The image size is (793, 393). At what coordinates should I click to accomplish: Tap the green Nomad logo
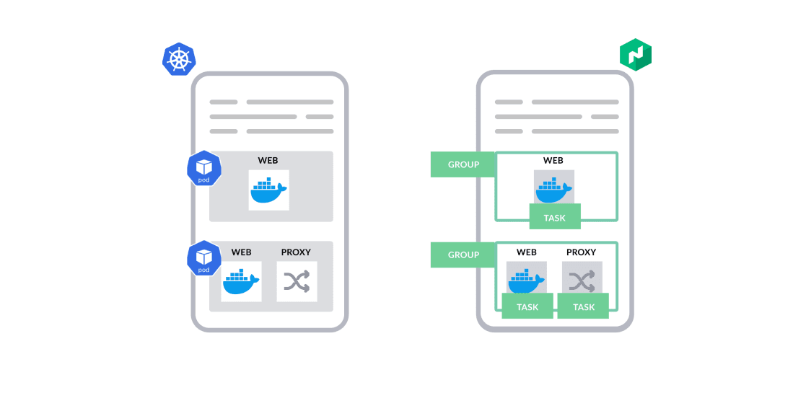tap(636, 55)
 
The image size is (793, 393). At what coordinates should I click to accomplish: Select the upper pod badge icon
tap(203, 169)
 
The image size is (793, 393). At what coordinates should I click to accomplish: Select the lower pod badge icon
tap(203, 258)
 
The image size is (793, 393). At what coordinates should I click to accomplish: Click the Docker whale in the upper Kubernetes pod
tap(268, 190)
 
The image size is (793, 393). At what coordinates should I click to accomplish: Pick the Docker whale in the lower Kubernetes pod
tap(241, 281)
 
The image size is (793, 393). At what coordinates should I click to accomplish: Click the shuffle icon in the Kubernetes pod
tap(297, 281)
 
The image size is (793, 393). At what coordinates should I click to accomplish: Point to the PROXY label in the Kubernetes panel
tap(296, 252)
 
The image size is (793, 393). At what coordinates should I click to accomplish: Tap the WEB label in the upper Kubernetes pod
tap(268, 160)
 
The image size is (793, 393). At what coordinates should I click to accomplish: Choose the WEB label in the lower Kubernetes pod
tap(241, 252)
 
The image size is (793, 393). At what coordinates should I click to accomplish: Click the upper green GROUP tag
tap(463, 164)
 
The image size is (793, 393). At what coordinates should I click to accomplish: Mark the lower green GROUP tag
tap(463, 255)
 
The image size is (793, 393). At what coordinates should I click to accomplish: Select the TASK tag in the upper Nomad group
tap(554, 217)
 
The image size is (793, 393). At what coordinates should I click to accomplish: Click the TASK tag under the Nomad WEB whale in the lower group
tap(527, 306)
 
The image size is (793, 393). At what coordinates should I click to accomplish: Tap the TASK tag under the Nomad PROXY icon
tap(583, 306)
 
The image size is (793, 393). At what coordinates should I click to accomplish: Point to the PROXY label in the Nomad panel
tap(582, 252)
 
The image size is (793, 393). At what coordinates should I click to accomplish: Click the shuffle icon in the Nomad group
tap(582, 280)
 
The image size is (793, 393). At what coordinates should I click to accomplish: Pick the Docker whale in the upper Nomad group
tap(553, 189)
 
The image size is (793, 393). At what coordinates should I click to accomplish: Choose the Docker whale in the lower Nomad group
tap(527, 280)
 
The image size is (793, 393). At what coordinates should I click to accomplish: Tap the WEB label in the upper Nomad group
tap(553, 160)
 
